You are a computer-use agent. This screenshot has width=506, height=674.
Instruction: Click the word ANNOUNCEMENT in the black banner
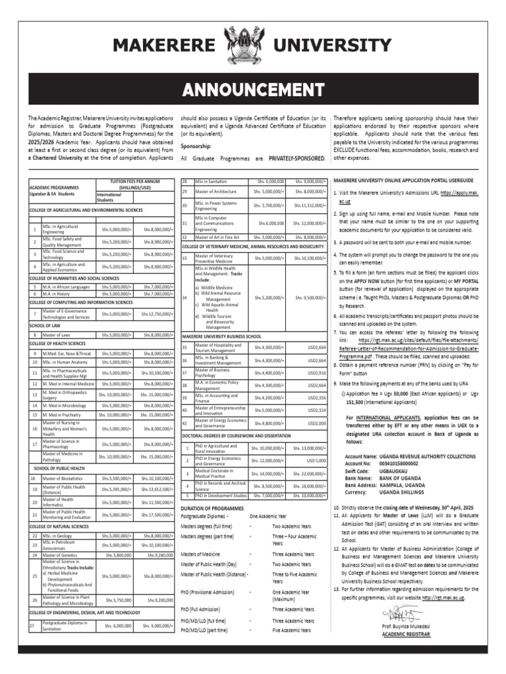click(253, 89)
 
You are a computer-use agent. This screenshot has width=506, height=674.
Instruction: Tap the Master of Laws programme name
click(57, 335)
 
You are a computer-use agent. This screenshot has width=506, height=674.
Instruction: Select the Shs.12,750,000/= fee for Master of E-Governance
click(155, 314)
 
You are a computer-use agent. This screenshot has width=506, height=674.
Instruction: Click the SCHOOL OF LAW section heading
click(45, 325)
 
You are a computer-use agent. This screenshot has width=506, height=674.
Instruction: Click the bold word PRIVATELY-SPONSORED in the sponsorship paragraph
click(297, 159)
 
